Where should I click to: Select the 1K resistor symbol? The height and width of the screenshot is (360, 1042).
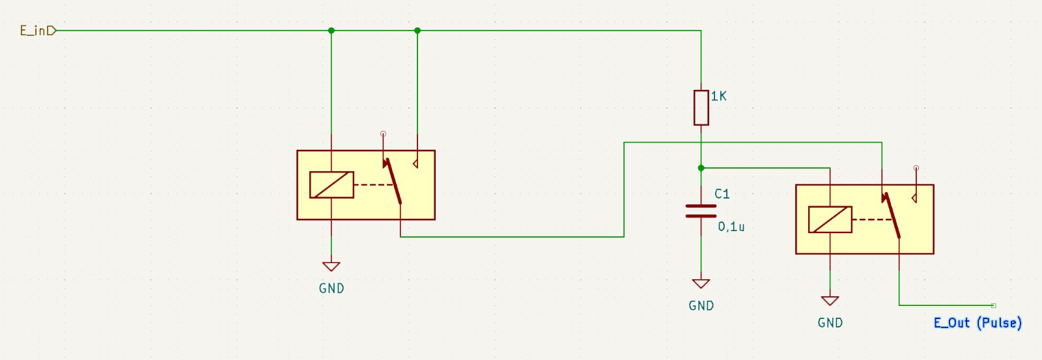point(701,107)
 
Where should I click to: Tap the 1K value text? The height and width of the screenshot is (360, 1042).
point(718,96)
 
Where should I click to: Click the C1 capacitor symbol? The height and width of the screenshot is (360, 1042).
point(701,210)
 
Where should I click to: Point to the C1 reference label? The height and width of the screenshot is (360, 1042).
point(722,194)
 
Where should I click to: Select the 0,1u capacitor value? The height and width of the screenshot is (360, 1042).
point(731,227)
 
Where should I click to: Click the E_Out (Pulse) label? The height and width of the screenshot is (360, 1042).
point(977,323)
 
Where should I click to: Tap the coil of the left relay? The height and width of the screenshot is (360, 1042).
point(331,185)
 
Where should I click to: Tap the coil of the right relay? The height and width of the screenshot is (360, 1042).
point(830,219)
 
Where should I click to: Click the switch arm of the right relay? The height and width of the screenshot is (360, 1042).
point(892,215)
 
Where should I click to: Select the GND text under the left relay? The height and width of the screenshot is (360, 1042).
point(331,288)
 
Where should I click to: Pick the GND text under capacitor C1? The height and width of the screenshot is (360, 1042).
point(701,306)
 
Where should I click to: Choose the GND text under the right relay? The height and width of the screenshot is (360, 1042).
point(830,323)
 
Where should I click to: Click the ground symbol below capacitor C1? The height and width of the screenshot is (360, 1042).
point(701,283)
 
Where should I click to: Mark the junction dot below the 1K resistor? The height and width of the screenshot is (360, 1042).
point(701,168)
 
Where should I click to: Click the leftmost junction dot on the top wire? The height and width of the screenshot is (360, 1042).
point(331,31)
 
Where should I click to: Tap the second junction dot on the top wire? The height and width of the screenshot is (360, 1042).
point(417,31)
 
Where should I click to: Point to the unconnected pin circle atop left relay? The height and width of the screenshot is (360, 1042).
point(383,134)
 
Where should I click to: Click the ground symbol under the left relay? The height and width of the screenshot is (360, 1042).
point(331,266)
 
